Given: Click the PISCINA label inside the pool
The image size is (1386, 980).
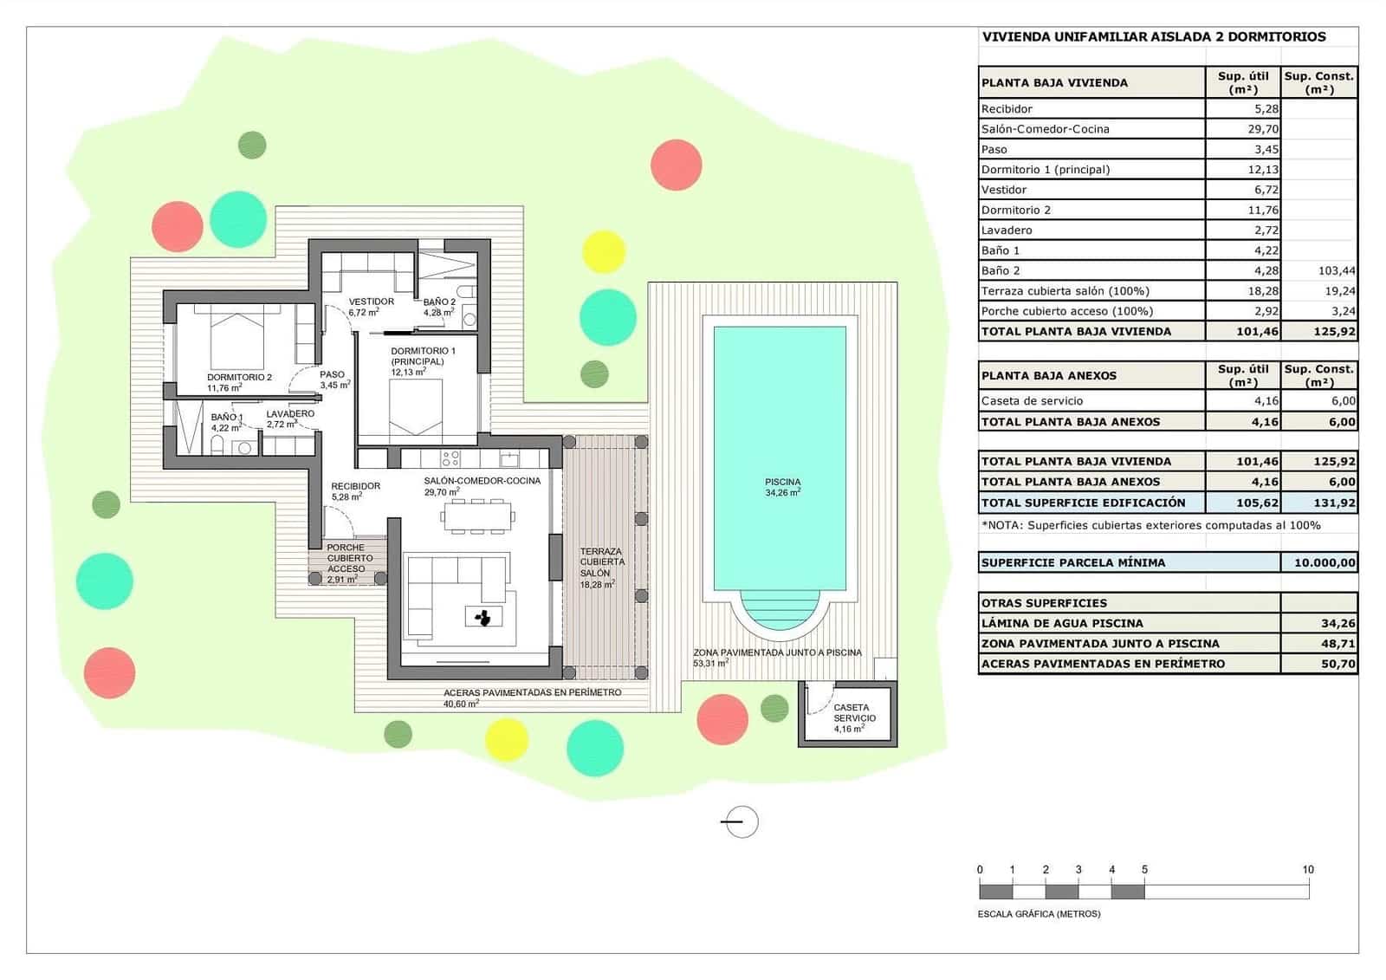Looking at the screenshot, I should pyautogui.click(x=782, y=482).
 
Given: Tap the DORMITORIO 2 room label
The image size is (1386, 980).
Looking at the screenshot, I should pyautogui.click(x=239, y=378).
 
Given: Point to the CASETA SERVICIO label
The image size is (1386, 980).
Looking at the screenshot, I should pyautogui.click(x=854, y=713).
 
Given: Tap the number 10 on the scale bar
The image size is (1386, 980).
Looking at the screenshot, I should pyautogui.click(x=1307, y=869).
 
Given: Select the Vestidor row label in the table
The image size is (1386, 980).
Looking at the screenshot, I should pyautogui.click(x=1004, y=190).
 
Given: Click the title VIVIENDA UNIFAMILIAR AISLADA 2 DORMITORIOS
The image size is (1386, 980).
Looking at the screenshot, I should pyautogui.click(x=1153, y=37).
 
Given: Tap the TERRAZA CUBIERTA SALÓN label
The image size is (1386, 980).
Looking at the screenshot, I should pyautogui.click(x=601, y=562).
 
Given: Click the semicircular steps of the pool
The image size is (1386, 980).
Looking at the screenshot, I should pyautogui.click(x=780, y=607).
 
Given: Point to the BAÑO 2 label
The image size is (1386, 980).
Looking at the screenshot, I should pyautogui.click(x=439, y=302).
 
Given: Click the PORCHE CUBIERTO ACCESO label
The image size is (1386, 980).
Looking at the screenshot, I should pyautogui.click(x=346, y=558).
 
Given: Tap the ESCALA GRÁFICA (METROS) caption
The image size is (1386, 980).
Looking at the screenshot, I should pyautogui.click(x=1039, y=913).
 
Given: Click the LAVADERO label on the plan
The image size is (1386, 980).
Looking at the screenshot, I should pyautogui.click(x=290, y=414).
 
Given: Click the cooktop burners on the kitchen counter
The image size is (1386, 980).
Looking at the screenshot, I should pyautogui.click(x=450, y=458).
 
